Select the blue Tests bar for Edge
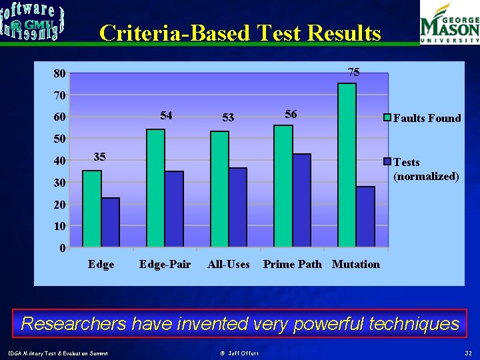point(111,222)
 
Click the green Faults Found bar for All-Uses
point(219,189)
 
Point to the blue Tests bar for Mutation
point(365,217)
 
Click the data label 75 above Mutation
point(354,72)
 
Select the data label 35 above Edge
point(99,157)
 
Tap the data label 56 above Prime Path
point(291,115)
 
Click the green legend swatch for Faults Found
point(386,118)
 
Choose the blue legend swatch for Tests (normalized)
point(386,162)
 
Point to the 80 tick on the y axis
point(60,74)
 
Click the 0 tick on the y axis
point(62,249)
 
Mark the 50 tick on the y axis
point(60,139)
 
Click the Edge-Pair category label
point(165,265)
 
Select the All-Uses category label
point(229,265)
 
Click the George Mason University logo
point(449,23)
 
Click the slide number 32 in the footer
point(467,353)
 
